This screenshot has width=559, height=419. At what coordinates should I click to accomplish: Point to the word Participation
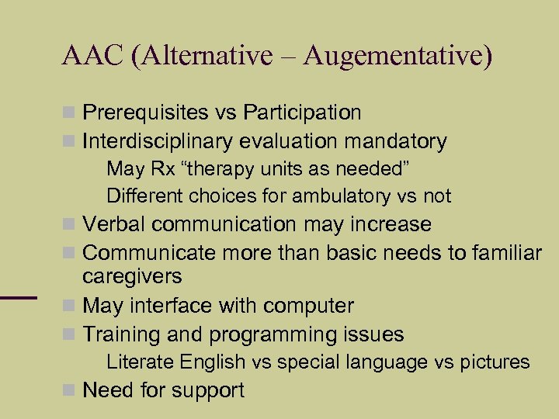(x=302, y=113)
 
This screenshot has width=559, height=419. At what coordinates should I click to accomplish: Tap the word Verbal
(x=114, y=225)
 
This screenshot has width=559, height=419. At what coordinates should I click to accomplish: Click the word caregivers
(x=132, y=277)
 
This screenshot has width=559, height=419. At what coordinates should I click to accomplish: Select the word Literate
(x=140, y=362)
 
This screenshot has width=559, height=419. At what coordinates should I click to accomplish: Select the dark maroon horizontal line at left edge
(x=19, y=296)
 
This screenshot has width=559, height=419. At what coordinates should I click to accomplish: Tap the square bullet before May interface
(x=70, y=306)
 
